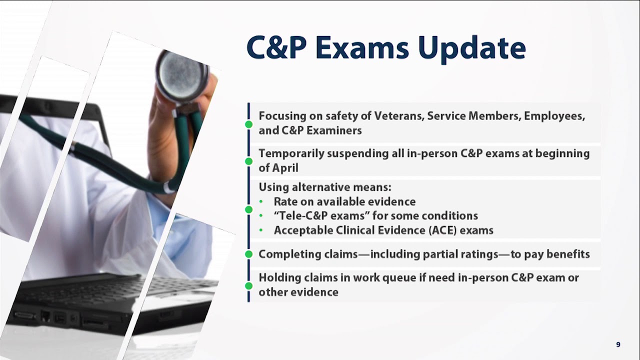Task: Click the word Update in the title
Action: point(471,47)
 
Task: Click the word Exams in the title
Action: point(363,47)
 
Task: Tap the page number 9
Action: point(618,344)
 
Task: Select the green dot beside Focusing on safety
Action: point(248,124)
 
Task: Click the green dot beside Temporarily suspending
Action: point(248,161)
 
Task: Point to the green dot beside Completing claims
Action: point(248,254)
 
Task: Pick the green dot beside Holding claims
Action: point(248,285)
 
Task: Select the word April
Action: point(284,168)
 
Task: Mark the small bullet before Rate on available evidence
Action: point(261,202)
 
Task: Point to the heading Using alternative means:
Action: point(324,187)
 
